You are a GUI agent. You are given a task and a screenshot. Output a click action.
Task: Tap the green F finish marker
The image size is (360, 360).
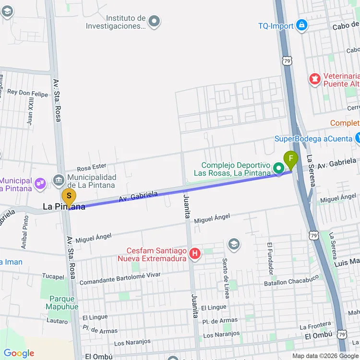coord(290,159)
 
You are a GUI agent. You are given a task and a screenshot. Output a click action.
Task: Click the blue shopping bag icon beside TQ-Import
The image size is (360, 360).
coord(301,24)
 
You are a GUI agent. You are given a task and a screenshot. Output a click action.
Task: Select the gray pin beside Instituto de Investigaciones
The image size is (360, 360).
coord(154,21)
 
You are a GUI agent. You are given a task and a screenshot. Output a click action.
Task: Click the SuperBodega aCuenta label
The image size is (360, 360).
coord(313,139)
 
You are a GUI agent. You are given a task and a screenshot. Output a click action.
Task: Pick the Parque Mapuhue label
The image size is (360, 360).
coord(63,303)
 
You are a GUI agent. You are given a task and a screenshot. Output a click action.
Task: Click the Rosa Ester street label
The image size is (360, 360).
coord(91,167)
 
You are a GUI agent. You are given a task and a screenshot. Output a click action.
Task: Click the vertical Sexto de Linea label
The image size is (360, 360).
coord(225,272)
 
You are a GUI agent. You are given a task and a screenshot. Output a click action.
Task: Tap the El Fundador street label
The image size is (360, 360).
coord(270,256)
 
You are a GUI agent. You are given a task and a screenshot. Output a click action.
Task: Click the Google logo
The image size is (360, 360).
coord(19,354)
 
